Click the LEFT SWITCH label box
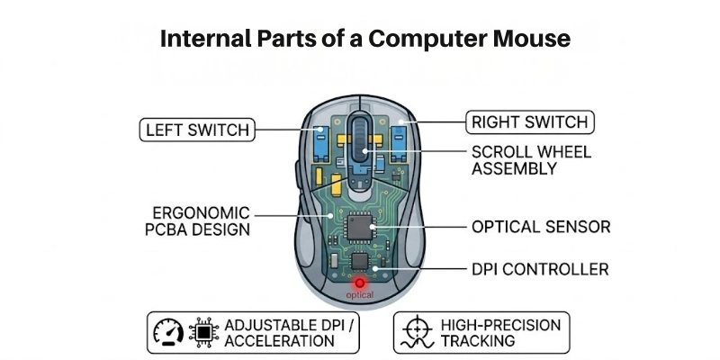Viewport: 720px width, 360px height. (195, 130)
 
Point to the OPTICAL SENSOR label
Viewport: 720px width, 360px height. (541, 227)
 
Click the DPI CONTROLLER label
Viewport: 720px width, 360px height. (540, 269)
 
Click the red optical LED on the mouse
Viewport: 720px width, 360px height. (360, 283)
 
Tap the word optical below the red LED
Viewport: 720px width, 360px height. (360, 294)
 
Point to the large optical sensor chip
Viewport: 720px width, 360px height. (361, 224)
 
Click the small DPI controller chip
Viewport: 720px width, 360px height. (360, 261)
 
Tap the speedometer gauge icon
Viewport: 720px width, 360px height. (168, 332)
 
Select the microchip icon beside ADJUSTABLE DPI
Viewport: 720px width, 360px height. (204, 332)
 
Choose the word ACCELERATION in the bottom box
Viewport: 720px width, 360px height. (279, 341)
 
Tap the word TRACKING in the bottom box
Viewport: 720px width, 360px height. (478, 341)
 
